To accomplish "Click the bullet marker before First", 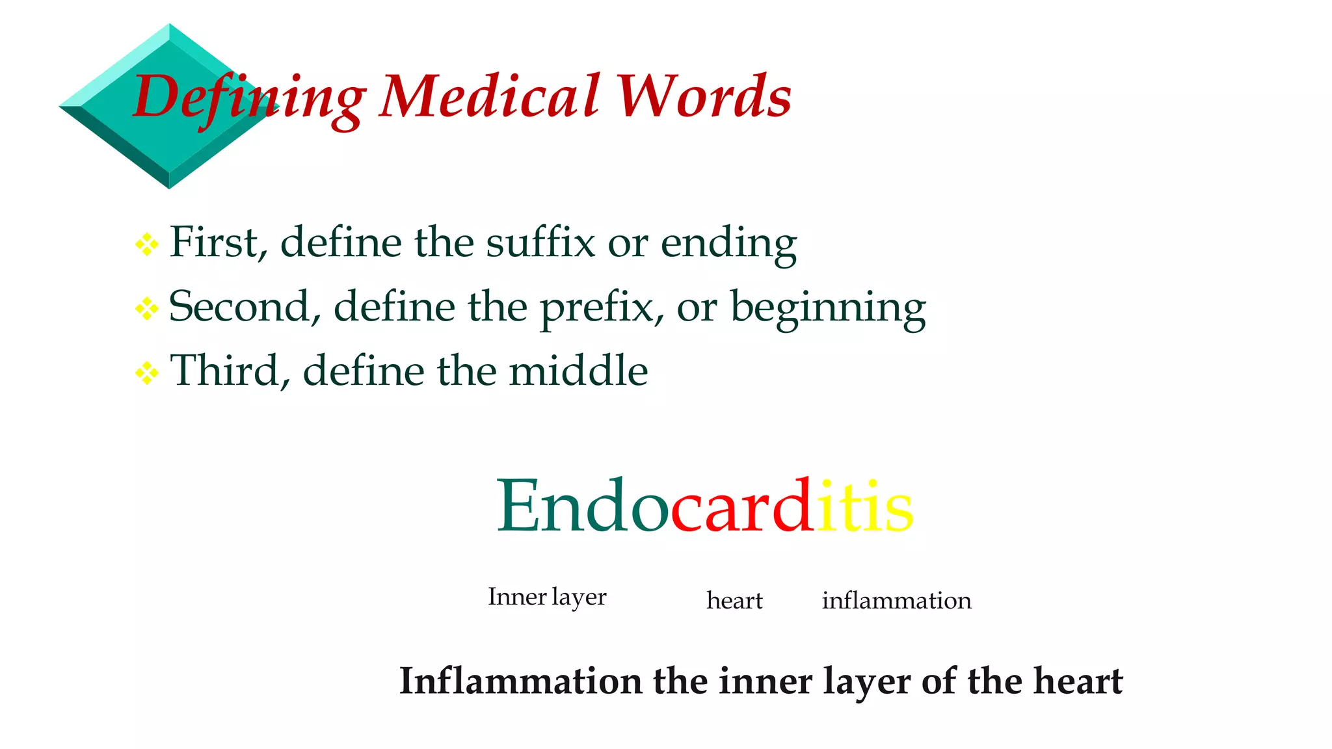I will [147, 244].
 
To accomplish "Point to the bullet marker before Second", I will [147, 308].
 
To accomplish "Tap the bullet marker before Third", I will [147, 373].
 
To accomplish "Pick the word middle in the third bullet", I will [578, 371].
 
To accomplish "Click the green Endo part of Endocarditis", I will [583, 506].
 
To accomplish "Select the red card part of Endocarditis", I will [741, 506].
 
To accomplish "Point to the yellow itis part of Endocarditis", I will [865, 506].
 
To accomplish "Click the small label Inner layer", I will [547, 597].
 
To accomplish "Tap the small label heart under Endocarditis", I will [734, 600].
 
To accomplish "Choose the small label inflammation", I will [896, 600].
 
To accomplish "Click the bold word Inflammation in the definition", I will [520, 681].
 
